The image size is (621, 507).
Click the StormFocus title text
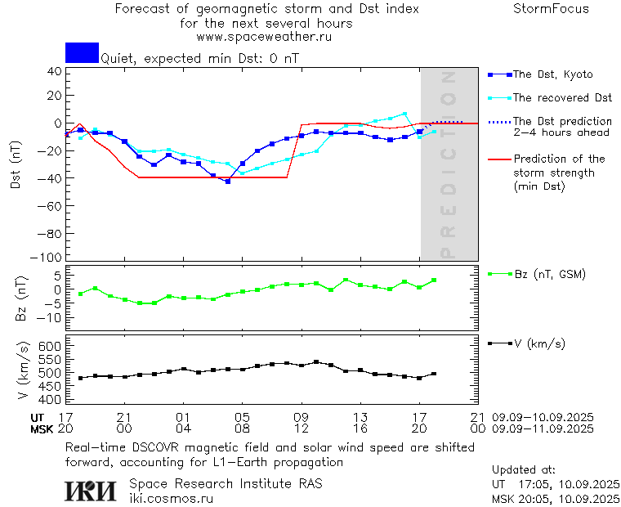pos(551,9)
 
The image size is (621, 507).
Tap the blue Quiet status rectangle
pos(82,52)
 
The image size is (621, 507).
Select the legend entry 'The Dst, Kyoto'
pos(552,74)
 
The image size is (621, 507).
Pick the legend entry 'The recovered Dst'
pos(562,98)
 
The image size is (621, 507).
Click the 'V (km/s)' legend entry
pos(539,343)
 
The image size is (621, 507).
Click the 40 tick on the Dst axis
pos(55,71)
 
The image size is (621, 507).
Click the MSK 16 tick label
pos(360,428)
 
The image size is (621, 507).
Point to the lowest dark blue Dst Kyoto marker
pos(227,182)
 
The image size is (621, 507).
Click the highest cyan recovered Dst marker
pos(404,114)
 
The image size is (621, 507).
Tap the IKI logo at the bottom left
pos(91,491)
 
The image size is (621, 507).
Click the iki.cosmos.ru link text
pos(172,498)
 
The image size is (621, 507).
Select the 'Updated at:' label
pos(523,470)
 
